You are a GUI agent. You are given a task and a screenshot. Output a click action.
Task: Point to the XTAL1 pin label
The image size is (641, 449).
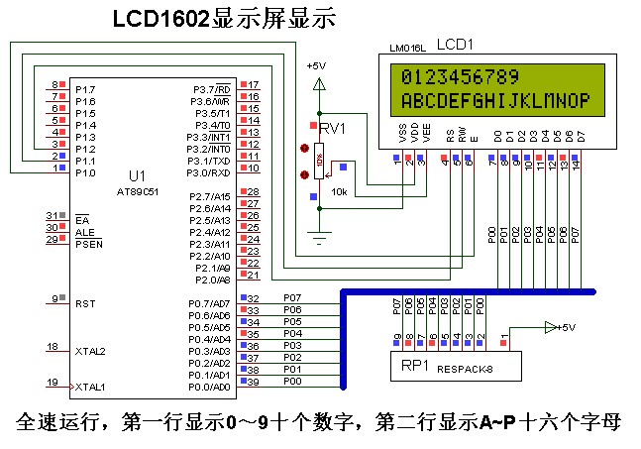[90, 386]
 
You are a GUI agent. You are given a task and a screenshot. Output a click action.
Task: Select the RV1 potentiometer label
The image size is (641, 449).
[333, 129]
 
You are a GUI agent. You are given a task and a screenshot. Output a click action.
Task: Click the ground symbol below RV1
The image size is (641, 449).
[318, 237]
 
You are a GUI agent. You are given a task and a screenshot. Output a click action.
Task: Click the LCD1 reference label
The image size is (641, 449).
[455, 46]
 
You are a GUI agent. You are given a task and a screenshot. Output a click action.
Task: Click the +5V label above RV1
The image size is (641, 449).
[316, 65]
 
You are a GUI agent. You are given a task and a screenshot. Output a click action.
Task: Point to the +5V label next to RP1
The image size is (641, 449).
[565, 326]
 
